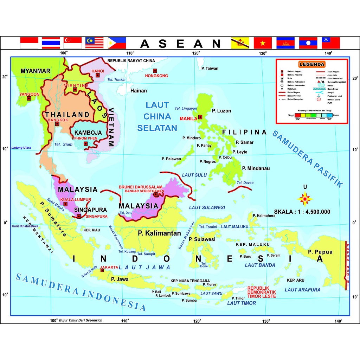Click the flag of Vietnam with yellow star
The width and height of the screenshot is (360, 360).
263,43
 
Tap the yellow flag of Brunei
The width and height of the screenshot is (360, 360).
240,43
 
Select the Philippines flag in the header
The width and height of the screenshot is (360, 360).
117,43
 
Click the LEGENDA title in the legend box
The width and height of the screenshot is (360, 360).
311,64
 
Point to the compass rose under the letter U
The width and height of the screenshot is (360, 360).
305,199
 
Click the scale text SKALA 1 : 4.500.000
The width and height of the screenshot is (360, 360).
302,212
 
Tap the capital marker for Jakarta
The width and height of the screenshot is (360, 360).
102,270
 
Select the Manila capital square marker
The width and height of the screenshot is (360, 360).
200,117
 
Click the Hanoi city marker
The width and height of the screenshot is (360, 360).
98,75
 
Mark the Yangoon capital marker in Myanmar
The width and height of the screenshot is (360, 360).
29,98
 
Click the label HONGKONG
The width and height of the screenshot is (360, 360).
156,76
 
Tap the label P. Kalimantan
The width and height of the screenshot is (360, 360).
159,233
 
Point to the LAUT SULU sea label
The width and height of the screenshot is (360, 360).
194,175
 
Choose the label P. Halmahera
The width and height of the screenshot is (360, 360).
264,216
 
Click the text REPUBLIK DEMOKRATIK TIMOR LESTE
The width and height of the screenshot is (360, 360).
262,292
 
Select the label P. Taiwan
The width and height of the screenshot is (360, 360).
210,69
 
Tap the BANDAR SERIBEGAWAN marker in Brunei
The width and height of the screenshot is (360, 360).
155,194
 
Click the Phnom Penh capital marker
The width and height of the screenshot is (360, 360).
85,144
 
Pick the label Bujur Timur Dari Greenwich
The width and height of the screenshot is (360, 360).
81,320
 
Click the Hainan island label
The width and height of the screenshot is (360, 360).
139,91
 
